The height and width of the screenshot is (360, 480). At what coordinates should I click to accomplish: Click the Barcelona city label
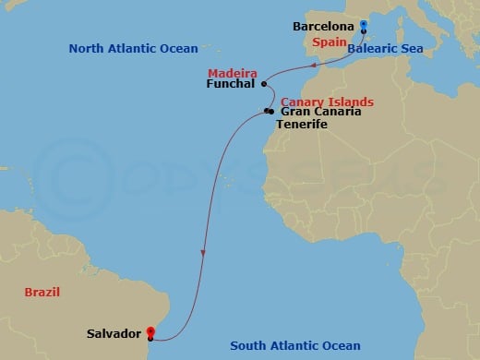pos(324,27)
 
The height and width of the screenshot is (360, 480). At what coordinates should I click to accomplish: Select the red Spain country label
pos(330,42)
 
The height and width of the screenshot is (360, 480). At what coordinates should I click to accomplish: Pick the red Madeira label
pos(232,71)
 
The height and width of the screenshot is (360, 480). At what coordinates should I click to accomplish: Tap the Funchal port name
pos(232,85)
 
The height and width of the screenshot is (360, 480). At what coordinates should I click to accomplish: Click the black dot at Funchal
pos(264,84)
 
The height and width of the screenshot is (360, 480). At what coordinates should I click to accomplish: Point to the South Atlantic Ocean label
pos(295,346)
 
